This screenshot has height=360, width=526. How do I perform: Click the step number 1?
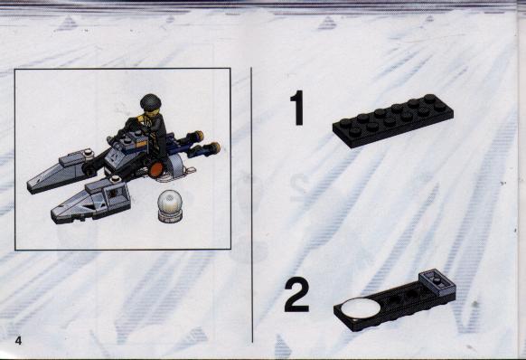pos(297,108)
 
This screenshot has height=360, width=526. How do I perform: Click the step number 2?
pos(296,296)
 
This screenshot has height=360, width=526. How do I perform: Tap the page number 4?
pos(18,340)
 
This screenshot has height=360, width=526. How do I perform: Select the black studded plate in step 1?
pos(393,120)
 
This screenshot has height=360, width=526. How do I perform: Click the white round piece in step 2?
pos(361,308)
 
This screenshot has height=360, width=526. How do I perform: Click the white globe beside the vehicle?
pos(170,201)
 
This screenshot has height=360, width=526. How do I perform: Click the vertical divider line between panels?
pos(252,204)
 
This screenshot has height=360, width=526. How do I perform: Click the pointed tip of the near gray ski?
pos(53,214)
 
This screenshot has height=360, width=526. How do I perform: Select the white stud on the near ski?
pos(116,179)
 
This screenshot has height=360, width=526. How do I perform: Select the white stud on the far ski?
pos(89,152)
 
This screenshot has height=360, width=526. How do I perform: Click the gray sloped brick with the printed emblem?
pos(115,156)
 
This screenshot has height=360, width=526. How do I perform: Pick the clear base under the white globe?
pos(170,217)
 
